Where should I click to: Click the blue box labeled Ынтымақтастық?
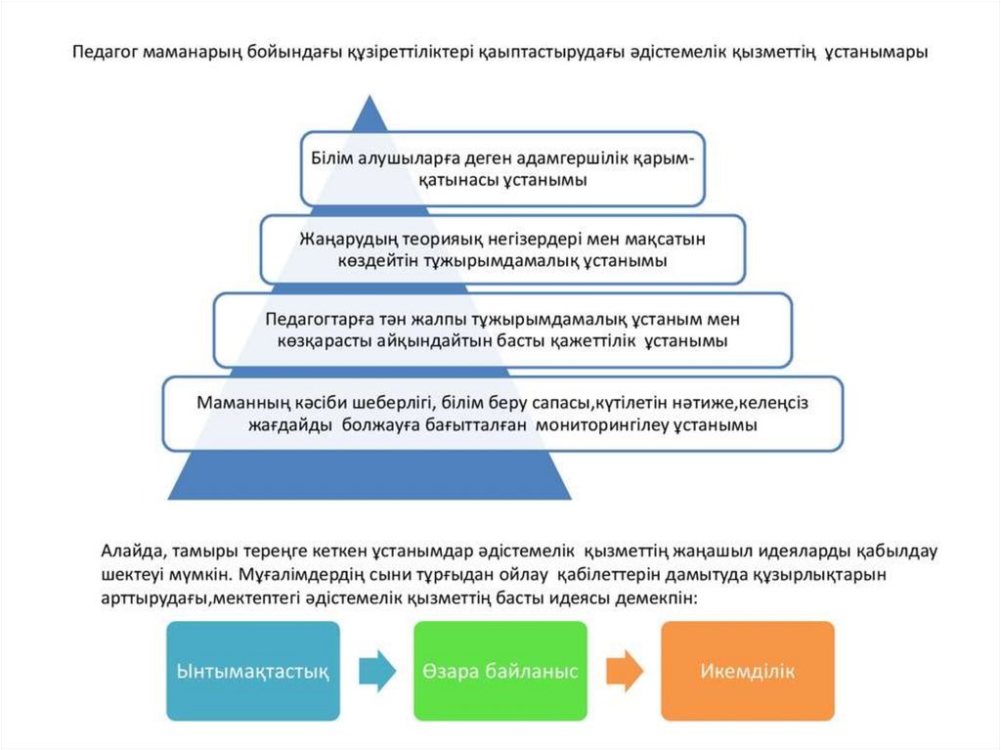click(251, 671)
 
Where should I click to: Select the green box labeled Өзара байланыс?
click(500, 671)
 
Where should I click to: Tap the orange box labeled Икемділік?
click(748, 671)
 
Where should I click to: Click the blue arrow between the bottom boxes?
click(376, 671)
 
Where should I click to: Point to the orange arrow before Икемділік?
click(625, 671)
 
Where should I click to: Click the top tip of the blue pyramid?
click(370, 98)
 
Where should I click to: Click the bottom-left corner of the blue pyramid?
click(169, 499)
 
